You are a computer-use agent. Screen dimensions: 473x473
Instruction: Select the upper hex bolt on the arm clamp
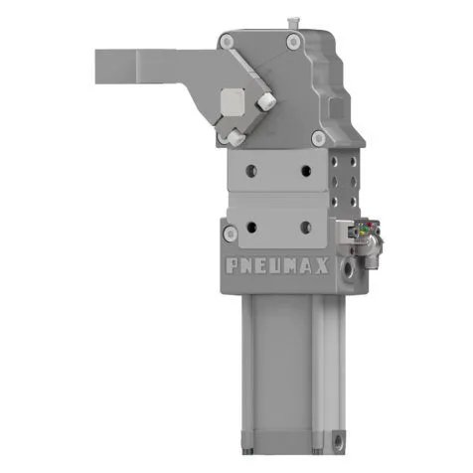pyautogui.click(x=267, y=102)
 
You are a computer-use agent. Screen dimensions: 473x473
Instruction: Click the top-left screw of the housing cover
pyautogui.click(x=228, y=40)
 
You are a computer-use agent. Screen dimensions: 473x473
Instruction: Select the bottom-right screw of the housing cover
pyautogui.click(x=318, y=137)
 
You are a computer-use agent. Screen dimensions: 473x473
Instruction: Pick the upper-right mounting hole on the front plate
pyautogui.click(x=306, y=169)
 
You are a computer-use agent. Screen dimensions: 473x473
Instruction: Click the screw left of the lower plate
pyautogui.click(x=231, y=233)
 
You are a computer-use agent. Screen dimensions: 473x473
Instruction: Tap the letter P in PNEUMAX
pyautogui.click(x=231, y=267)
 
